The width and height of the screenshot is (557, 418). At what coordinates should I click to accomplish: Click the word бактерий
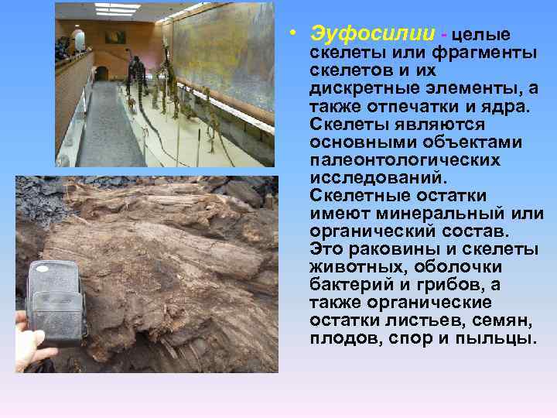(347, 285)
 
